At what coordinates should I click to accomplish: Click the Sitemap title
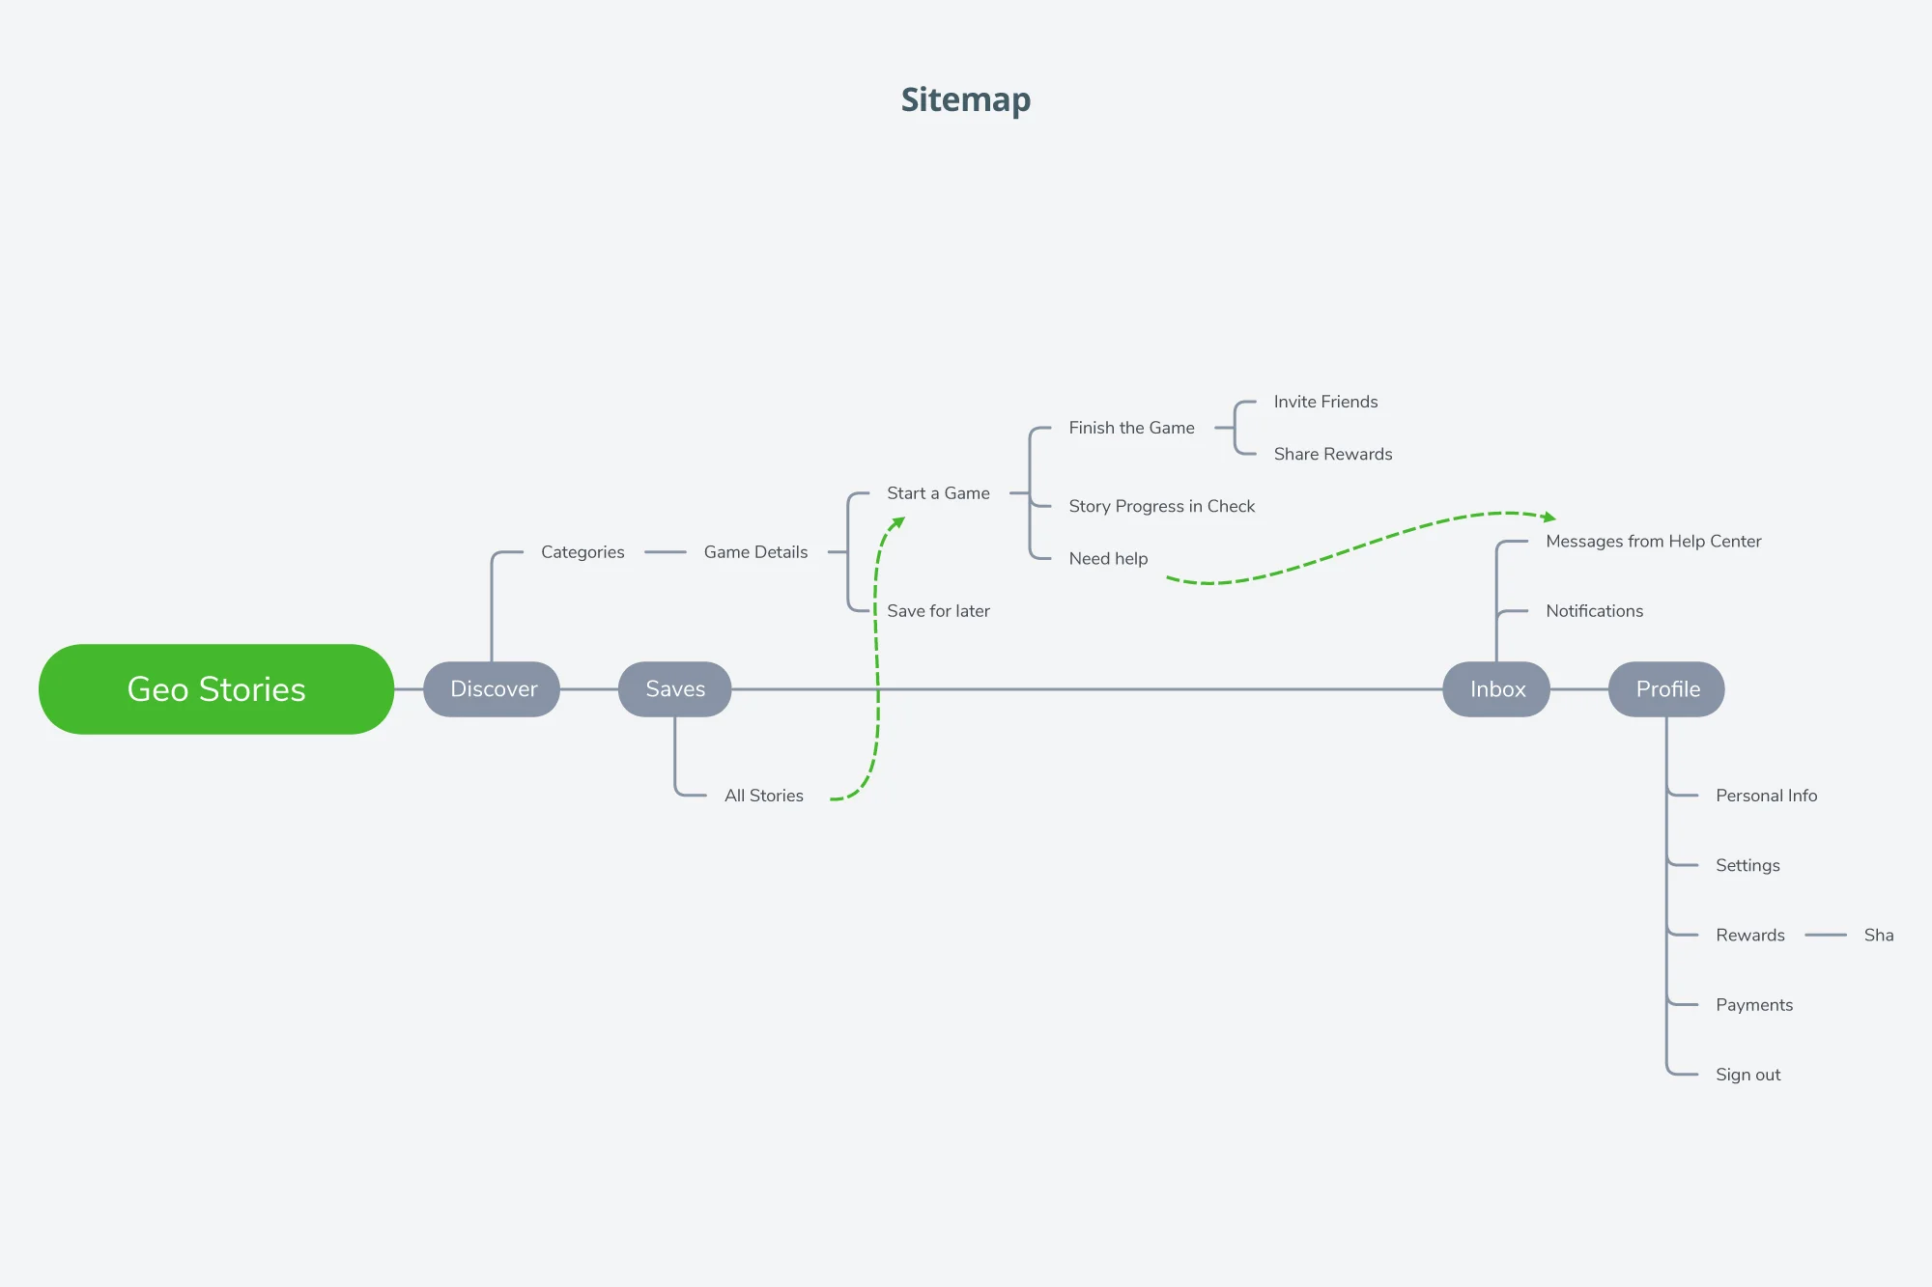tap(965, 99)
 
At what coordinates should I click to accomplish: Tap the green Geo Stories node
tap(216, 689)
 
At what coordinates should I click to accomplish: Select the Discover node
tap(493, 689)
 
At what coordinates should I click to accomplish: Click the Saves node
tap(675, 689)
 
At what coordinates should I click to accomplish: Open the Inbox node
tap(1497, 689)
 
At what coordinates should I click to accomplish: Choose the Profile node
tap(1667, 689)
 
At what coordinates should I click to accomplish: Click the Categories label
tap(582, 552)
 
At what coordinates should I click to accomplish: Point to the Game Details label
tap(755, 552)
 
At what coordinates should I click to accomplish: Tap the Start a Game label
tap(938, 493)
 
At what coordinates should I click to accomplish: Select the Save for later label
tap(938, 611)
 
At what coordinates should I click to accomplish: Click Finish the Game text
tap(1131, 428)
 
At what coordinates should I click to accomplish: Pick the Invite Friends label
tap(1325, 402)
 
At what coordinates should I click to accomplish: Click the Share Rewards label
tap(1332, 454)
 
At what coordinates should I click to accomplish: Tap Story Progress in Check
tap(1161, 506)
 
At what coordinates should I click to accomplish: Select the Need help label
tap(1108, 558)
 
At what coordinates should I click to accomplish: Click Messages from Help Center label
tap(1653, 542)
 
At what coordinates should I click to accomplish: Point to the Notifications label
tap(1594, 611)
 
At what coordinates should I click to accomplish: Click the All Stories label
tap(763, 796)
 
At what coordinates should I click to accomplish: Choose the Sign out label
tap(1747, 1075)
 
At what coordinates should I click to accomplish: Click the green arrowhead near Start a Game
tap(898, 522)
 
